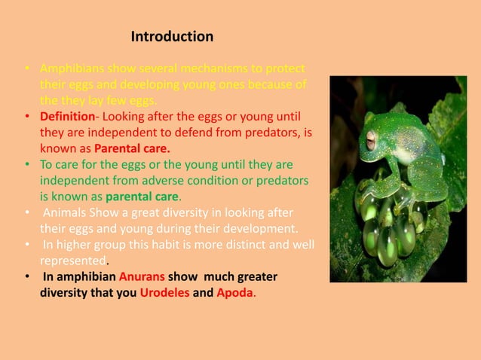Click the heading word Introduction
click(172, 36)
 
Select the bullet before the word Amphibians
click(26, 68)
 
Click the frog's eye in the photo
click(371, 139)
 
